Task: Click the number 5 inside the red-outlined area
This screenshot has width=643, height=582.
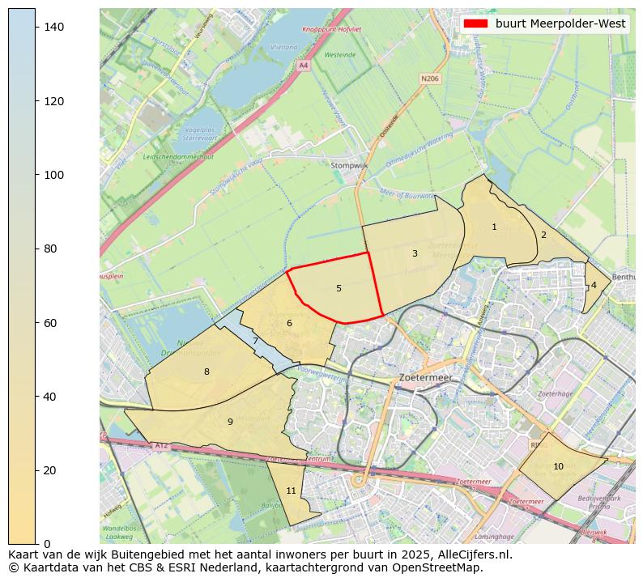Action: (339, 289)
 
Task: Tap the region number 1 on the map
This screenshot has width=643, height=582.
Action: (494, 227)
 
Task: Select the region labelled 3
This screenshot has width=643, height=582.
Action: (415, 254)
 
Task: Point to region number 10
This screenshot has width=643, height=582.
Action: (558, 467)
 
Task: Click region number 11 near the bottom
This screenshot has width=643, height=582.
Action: (291, 491)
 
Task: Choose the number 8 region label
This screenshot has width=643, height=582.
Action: (207, 372)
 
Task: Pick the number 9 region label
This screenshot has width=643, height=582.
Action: (230, 423)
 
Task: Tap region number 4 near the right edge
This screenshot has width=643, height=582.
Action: (594, 285)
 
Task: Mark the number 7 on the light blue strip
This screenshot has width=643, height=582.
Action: (255, 342)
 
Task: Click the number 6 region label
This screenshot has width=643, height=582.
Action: (289, 324)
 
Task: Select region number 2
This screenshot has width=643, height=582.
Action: (543, 236)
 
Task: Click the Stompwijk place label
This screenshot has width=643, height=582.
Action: (349, 166)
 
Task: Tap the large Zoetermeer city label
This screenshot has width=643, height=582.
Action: (425, 378)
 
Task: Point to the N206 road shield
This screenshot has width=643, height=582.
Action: (429, 79)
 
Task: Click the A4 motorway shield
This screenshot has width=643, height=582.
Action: (304, 65)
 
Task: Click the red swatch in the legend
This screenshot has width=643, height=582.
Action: (475, 23)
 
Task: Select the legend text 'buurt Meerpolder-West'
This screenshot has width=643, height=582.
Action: (560, 23)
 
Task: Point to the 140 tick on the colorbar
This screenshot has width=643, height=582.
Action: (53, 28)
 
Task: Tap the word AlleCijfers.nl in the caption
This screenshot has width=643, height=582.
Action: (474, 555)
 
